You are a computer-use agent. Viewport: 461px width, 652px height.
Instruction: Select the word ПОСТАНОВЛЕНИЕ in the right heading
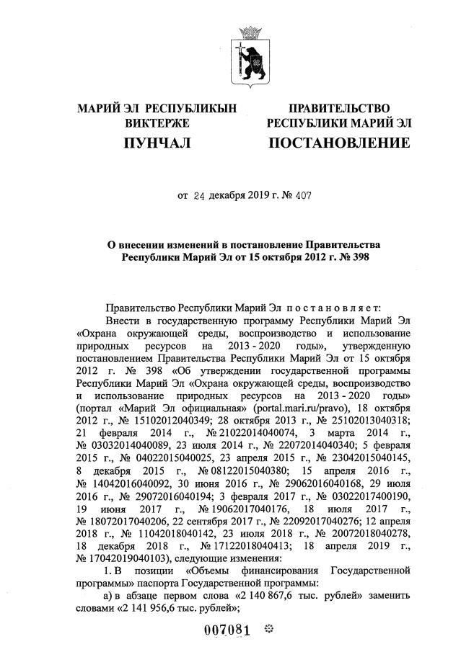coord(338,144)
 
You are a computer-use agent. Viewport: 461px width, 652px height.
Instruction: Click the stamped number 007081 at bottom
coord(227,631)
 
